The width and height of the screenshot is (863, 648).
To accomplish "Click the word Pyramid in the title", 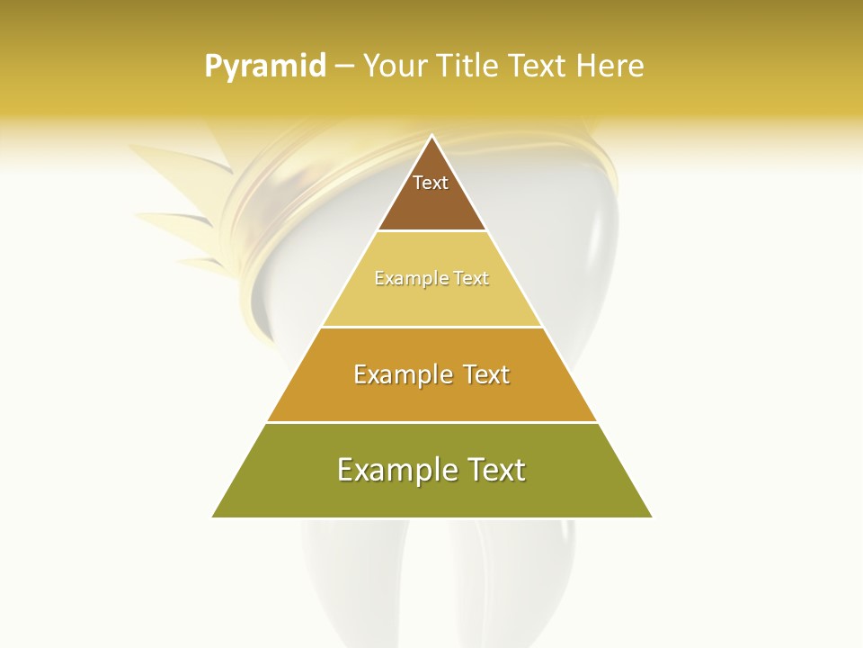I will (x=265, y=67).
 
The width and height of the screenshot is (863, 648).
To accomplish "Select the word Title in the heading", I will (x=467, y=67).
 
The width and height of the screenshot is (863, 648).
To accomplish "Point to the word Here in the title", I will (x=610, y=67).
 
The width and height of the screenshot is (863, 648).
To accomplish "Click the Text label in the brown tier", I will (x=431, y=183).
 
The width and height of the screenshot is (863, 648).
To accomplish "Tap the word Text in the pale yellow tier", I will (x=471, y=279).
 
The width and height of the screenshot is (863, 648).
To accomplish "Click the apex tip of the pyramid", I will (x=431, y=137).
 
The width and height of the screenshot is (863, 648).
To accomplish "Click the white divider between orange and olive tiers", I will (x=431, y=422).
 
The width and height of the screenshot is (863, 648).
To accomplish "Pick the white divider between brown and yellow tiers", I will (x=431, y=231).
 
